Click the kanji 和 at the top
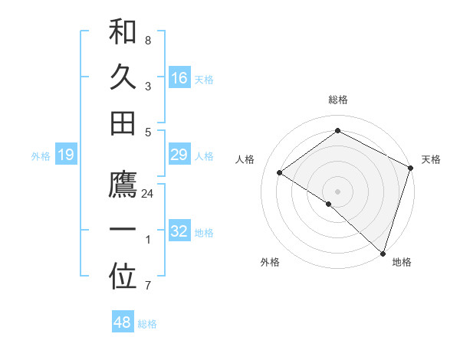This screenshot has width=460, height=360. (123, 31)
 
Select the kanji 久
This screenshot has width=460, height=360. (123, 77)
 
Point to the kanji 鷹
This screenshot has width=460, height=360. (123, 185)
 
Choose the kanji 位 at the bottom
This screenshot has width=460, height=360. (123, 277)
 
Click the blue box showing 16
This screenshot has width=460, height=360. (179, 77)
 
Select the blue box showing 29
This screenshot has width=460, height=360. (179, 155)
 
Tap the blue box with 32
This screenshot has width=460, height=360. (179, 231)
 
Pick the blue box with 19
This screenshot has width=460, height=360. (65, 155)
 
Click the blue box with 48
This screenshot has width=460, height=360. (122, 322)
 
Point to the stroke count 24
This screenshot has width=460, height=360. (148, 194)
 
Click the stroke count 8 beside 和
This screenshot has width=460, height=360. (148, 39)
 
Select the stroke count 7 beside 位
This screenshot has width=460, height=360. (148, 286)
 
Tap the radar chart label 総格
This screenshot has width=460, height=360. (338, 100)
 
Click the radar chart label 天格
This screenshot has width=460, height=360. (431, 159)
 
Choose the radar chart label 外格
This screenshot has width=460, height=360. (269, 263)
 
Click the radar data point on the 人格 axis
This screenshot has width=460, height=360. (280, 172)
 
